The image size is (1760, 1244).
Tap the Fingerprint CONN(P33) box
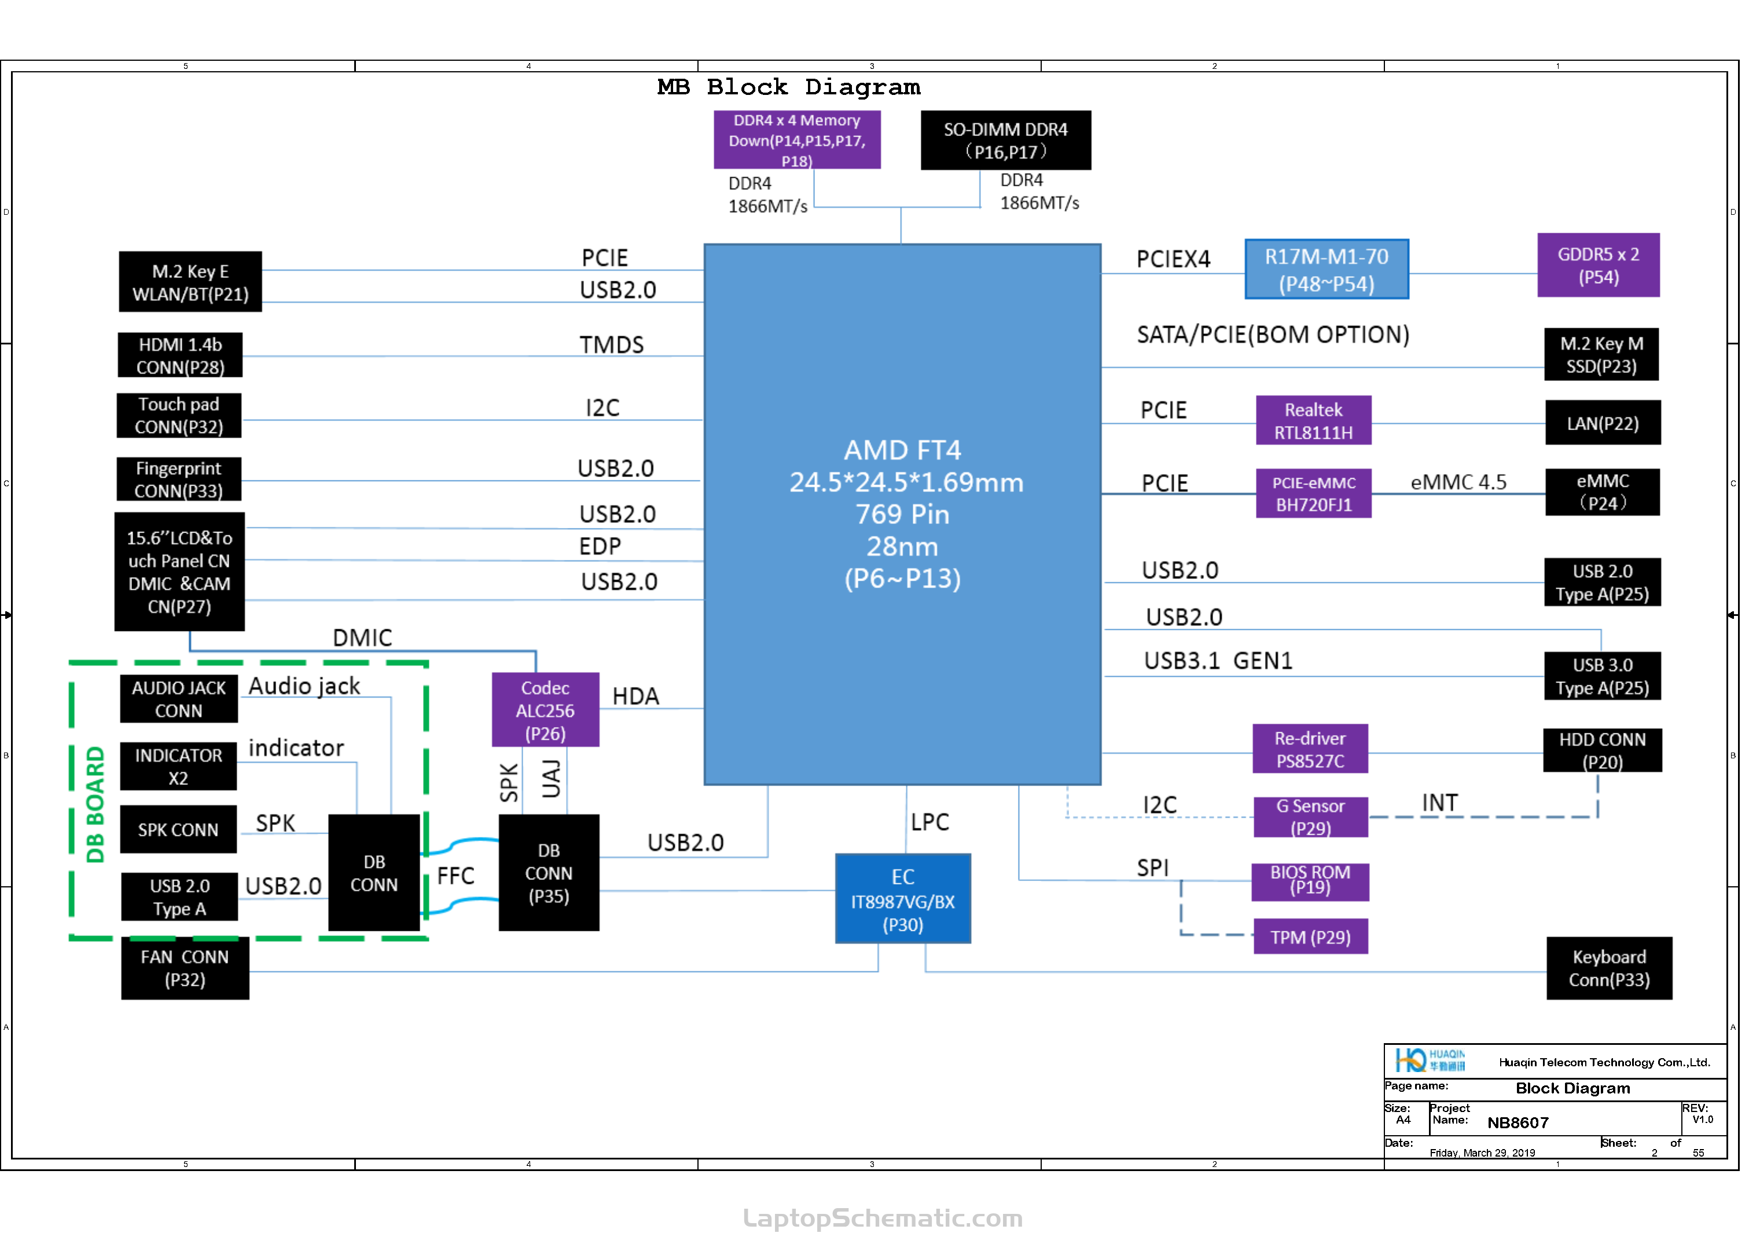coord(179,479)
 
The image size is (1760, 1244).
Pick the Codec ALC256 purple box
coord(545,710)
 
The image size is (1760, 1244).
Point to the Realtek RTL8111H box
coord(1313,420)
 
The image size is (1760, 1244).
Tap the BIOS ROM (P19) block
coord(1310,882)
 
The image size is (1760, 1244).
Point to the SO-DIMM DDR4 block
coord(1006,140)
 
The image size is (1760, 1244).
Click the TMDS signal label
coord(612,345)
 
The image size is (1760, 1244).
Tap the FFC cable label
coord(455,875)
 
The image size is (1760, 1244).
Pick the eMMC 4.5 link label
coord(1458,482)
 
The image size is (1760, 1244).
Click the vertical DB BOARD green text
coord(95,804)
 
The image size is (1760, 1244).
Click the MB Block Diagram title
coord(789,87)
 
